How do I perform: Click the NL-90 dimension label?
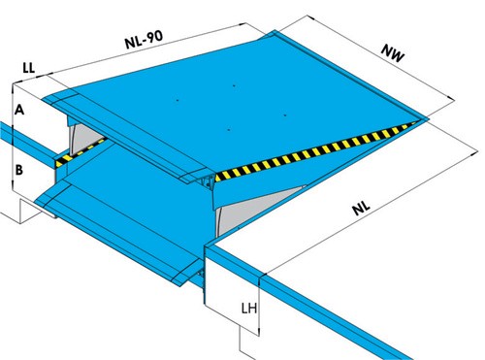coord(144,40)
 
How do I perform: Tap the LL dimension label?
coord(29,68)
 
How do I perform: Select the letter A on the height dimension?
coord(19,110)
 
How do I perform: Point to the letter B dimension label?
coord(19,170)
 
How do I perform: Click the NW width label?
coord(393,53)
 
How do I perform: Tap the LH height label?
coord(249,309)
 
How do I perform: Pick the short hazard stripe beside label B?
coord(81,152)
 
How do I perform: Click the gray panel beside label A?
coord(84,137)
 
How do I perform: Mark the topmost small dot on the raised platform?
coord(234,85)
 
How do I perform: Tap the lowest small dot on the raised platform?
coord(229,130)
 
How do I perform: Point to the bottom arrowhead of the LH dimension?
coord(259,332)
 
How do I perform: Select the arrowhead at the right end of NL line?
coord(474,151)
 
